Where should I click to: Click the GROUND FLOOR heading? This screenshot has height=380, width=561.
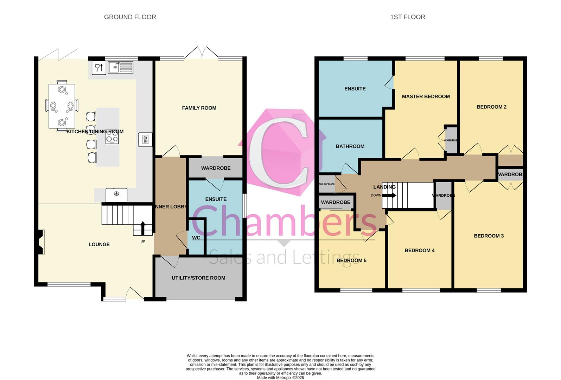click(130, 17)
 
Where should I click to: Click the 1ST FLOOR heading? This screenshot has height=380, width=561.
click(407, 17)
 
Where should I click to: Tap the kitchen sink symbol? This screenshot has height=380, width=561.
click(121, 67)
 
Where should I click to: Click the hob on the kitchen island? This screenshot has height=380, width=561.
click(113, 137)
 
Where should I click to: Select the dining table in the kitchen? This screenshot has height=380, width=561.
click(62, 106)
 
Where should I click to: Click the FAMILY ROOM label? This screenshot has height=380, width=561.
click(199, 108)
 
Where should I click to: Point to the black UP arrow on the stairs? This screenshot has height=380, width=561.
click(143, 228)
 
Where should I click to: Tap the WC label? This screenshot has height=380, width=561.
click(196, 238)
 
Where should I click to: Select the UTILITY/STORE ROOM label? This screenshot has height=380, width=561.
click(198, 278)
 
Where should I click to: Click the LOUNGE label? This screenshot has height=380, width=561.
click(99, 245)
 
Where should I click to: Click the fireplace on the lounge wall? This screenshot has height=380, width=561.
click(40, 242)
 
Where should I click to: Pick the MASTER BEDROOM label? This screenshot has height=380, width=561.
click(426, 96)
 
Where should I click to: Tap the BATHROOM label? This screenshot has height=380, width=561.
click(350, 146)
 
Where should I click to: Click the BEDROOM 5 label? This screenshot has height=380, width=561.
click(351, 260)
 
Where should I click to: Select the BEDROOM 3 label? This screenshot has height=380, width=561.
click(489, 236)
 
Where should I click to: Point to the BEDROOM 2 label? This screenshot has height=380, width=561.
click(491, 107)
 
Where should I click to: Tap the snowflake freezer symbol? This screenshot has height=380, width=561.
click(116, 194)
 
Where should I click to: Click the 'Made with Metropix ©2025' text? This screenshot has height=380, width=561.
click(280, 378)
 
